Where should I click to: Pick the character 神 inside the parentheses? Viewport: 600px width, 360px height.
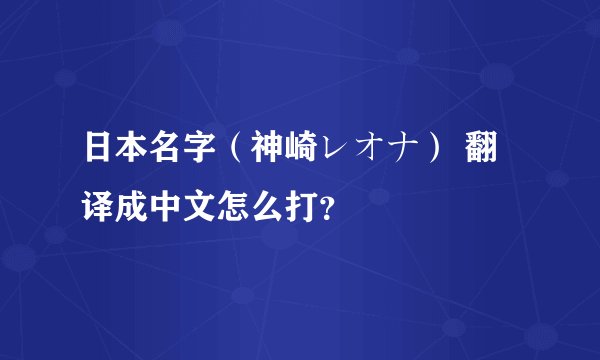265,156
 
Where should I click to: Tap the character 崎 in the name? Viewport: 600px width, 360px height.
300,156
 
